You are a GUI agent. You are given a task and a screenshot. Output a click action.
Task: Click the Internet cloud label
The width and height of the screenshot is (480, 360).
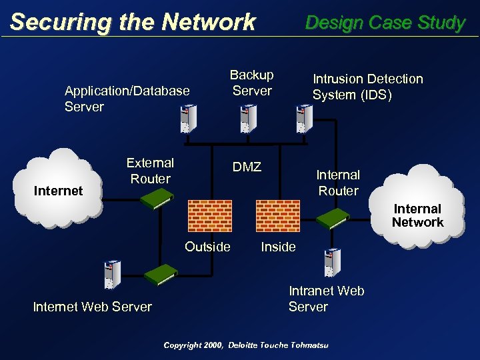(58, 191)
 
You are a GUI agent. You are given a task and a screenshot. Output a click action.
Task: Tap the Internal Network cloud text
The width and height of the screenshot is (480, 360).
(417, 215)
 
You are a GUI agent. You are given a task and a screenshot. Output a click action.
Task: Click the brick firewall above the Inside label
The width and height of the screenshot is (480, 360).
(279, 215)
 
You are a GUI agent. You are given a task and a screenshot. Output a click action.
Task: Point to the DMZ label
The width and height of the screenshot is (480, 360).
(247, 167)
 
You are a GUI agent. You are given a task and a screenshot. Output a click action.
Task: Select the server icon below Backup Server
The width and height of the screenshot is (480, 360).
(247, 119)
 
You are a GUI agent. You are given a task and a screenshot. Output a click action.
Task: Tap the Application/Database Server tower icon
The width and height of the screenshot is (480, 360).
(189, 120)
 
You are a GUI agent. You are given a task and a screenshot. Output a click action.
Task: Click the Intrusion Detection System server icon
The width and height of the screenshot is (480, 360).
(304, 119)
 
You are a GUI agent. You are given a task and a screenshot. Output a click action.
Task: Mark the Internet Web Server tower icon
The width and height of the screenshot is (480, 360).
(111, 274)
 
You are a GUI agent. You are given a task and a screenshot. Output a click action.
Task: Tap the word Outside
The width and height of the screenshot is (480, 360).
(207, 247)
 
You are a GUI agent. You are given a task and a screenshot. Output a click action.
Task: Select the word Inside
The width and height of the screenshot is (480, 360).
(278, 247)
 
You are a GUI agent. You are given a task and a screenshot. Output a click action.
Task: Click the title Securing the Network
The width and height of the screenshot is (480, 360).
(133, 22)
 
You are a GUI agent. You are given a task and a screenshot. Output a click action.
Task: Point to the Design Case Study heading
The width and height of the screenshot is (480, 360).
(385, 23)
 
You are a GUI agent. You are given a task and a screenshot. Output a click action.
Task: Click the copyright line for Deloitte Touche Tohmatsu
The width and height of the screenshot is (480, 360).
(250, 345)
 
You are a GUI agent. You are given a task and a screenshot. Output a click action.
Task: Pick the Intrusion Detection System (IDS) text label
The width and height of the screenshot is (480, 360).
(367, 87)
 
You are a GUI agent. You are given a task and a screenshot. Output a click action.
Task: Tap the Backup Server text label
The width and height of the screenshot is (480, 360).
(252, 83)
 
